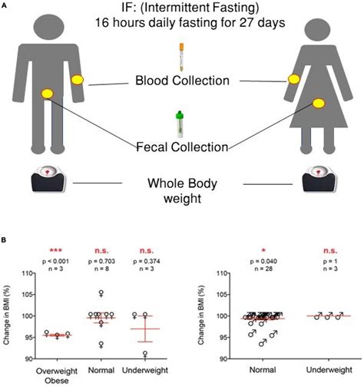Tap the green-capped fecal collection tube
coord(183,124)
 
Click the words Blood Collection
coord(181,81)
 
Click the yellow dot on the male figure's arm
coord(78,80)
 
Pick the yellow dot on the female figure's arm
coord(293,80)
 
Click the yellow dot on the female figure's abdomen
coord(316,94)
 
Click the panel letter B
coord(5,240)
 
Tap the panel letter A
coord(5,5)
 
